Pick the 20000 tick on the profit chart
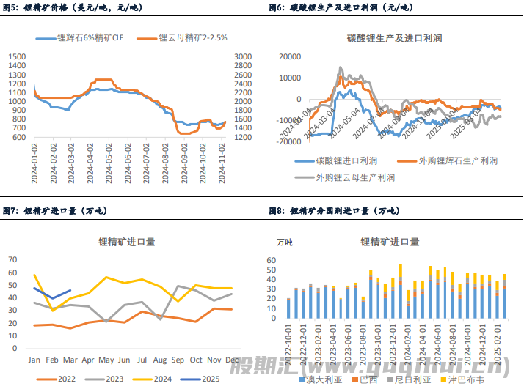click(291, 56)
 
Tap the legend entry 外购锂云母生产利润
click(355, 177)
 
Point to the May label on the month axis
click(106, 360)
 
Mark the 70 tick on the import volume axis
click(12, 259)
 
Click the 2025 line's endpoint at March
click(70, 290)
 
